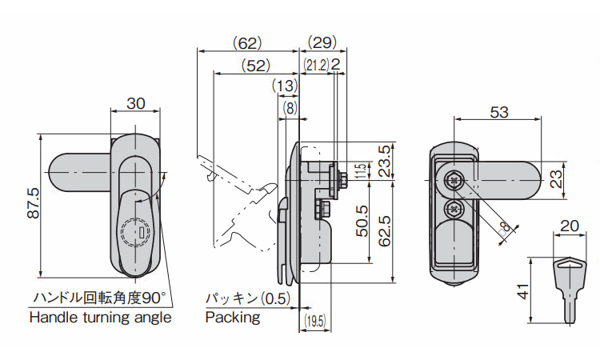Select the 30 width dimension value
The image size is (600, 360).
[x=136, y=103]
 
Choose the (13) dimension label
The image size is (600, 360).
[x=285, y=85]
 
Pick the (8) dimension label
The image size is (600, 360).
[x=289, y=106]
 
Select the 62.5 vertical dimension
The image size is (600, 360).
[x=385, y=230]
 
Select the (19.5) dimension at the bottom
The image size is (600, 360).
[x=314, y=322]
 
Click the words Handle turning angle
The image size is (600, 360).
[x=100, y=318]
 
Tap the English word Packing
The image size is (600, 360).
[x=233, y=318]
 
